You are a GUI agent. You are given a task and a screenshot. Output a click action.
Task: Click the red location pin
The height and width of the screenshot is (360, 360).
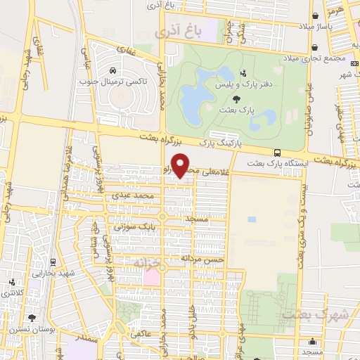point(181,165)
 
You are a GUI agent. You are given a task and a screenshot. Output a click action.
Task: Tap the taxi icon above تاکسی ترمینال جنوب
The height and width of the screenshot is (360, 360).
point(112,70)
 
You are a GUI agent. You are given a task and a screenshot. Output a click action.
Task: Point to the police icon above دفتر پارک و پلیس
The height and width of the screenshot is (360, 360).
point(243,72)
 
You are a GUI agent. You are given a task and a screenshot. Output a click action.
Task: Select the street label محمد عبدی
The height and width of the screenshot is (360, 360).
point(136,195)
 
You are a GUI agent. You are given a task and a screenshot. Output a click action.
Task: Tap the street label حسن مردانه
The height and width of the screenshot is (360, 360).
point(202,259)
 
